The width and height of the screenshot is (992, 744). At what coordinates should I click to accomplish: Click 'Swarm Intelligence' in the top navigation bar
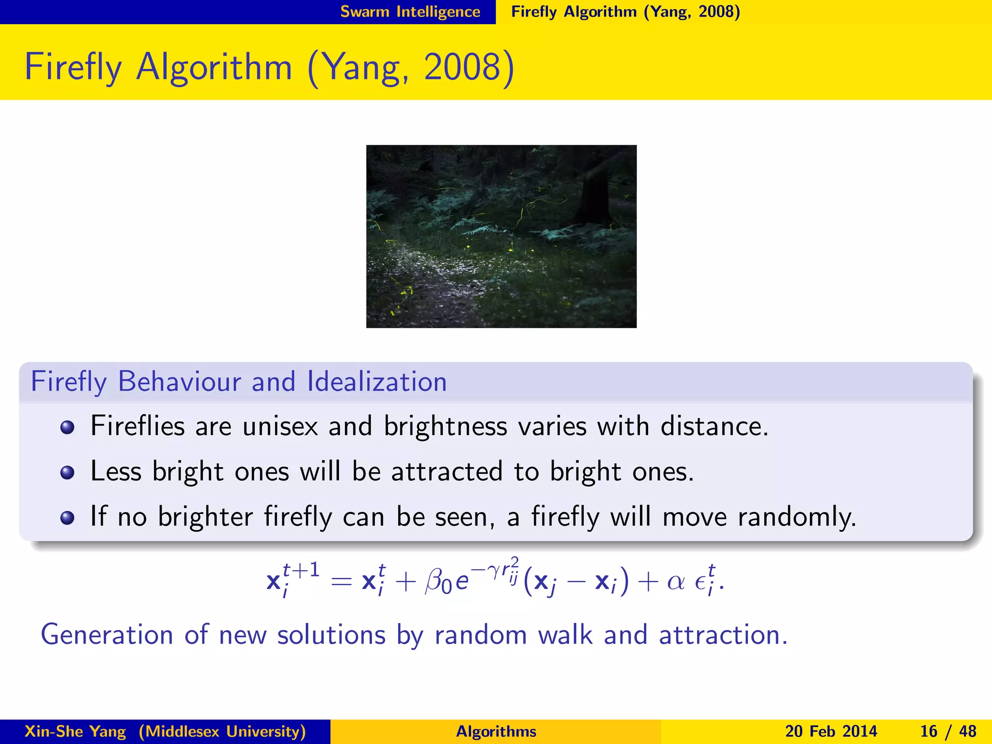point(410,12)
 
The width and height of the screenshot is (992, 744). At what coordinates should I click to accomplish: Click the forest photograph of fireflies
point(501,236)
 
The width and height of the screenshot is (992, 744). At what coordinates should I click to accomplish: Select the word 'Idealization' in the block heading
point(377,382)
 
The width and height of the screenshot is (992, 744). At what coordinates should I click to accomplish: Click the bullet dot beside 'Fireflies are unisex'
point(67,428)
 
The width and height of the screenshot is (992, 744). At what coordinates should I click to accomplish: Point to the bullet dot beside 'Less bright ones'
point(67,472)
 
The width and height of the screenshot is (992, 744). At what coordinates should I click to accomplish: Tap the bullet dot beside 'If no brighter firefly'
point(67,518)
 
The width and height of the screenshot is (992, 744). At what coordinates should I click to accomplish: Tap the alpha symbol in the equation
point(675,581)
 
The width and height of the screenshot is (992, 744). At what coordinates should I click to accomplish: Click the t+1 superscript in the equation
point(301,571)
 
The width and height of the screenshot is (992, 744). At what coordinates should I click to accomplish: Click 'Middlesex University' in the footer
point(222,731)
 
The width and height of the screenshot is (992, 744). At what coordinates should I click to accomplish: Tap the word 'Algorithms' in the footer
point(496,731)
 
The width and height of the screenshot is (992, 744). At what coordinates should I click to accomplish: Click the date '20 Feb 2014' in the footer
point(831,731)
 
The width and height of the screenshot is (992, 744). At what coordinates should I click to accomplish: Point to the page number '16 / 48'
point(948,731)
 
